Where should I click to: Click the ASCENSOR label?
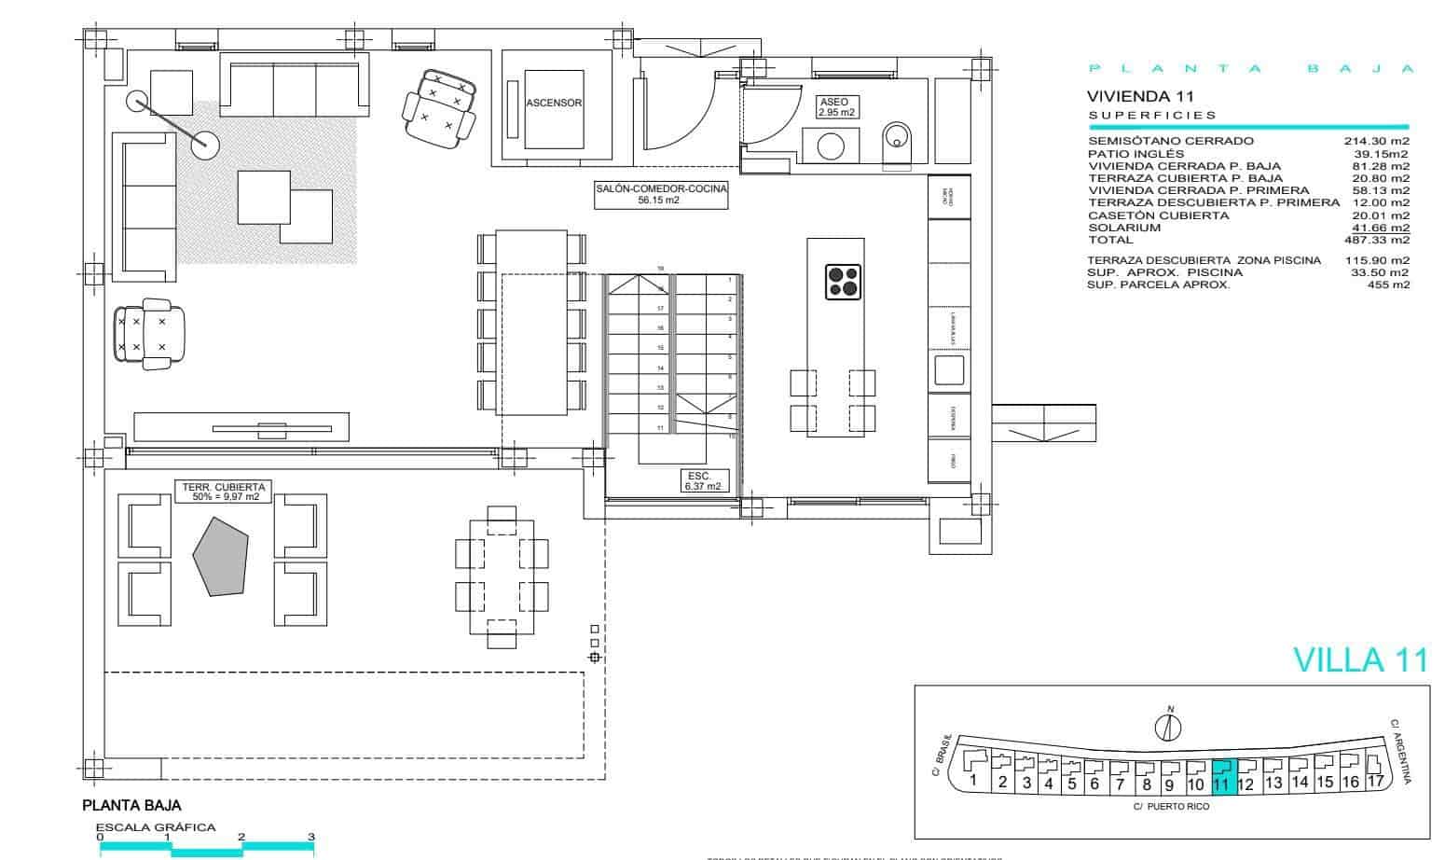pyautogui.click(x=554, y=103)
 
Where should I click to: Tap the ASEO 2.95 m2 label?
pyautogui.click(x=836, y=106)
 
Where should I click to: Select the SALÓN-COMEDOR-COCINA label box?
pyautogui.click(x=661, y=193)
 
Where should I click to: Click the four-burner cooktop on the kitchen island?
pyautogui.click(x=843, y=281)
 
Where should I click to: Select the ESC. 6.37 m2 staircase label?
pyautogui.click(x=702, y=481)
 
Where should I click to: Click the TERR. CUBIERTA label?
pyautogui.click(x=223, y=492)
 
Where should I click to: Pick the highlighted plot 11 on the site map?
pyautogui.click(x=1221, y=775)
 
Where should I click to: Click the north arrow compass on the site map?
pyautogui.click(x=1169, y=724)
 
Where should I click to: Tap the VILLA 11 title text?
pyautogui.click(x=1360, y=659)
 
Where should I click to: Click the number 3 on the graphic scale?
pyautogui.click(x=311, y=837)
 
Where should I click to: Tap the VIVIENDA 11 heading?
pyautogui.click(x=1139, y=96)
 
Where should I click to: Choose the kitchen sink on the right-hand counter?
pyautogui.click(x=949, y=368)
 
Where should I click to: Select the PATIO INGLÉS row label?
pyautogui.click(x=1135, y=154)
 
